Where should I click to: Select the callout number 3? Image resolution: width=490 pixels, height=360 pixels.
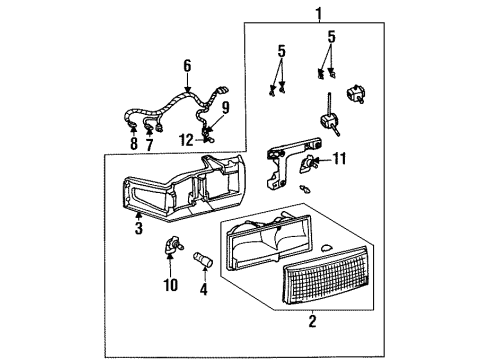139,228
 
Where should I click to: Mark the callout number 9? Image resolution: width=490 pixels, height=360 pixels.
225,107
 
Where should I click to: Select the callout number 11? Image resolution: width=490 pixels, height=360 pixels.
338,157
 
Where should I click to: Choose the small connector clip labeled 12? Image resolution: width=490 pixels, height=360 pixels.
206,140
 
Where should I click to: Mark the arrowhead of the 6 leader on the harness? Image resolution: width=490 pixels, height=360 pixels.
186,91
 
